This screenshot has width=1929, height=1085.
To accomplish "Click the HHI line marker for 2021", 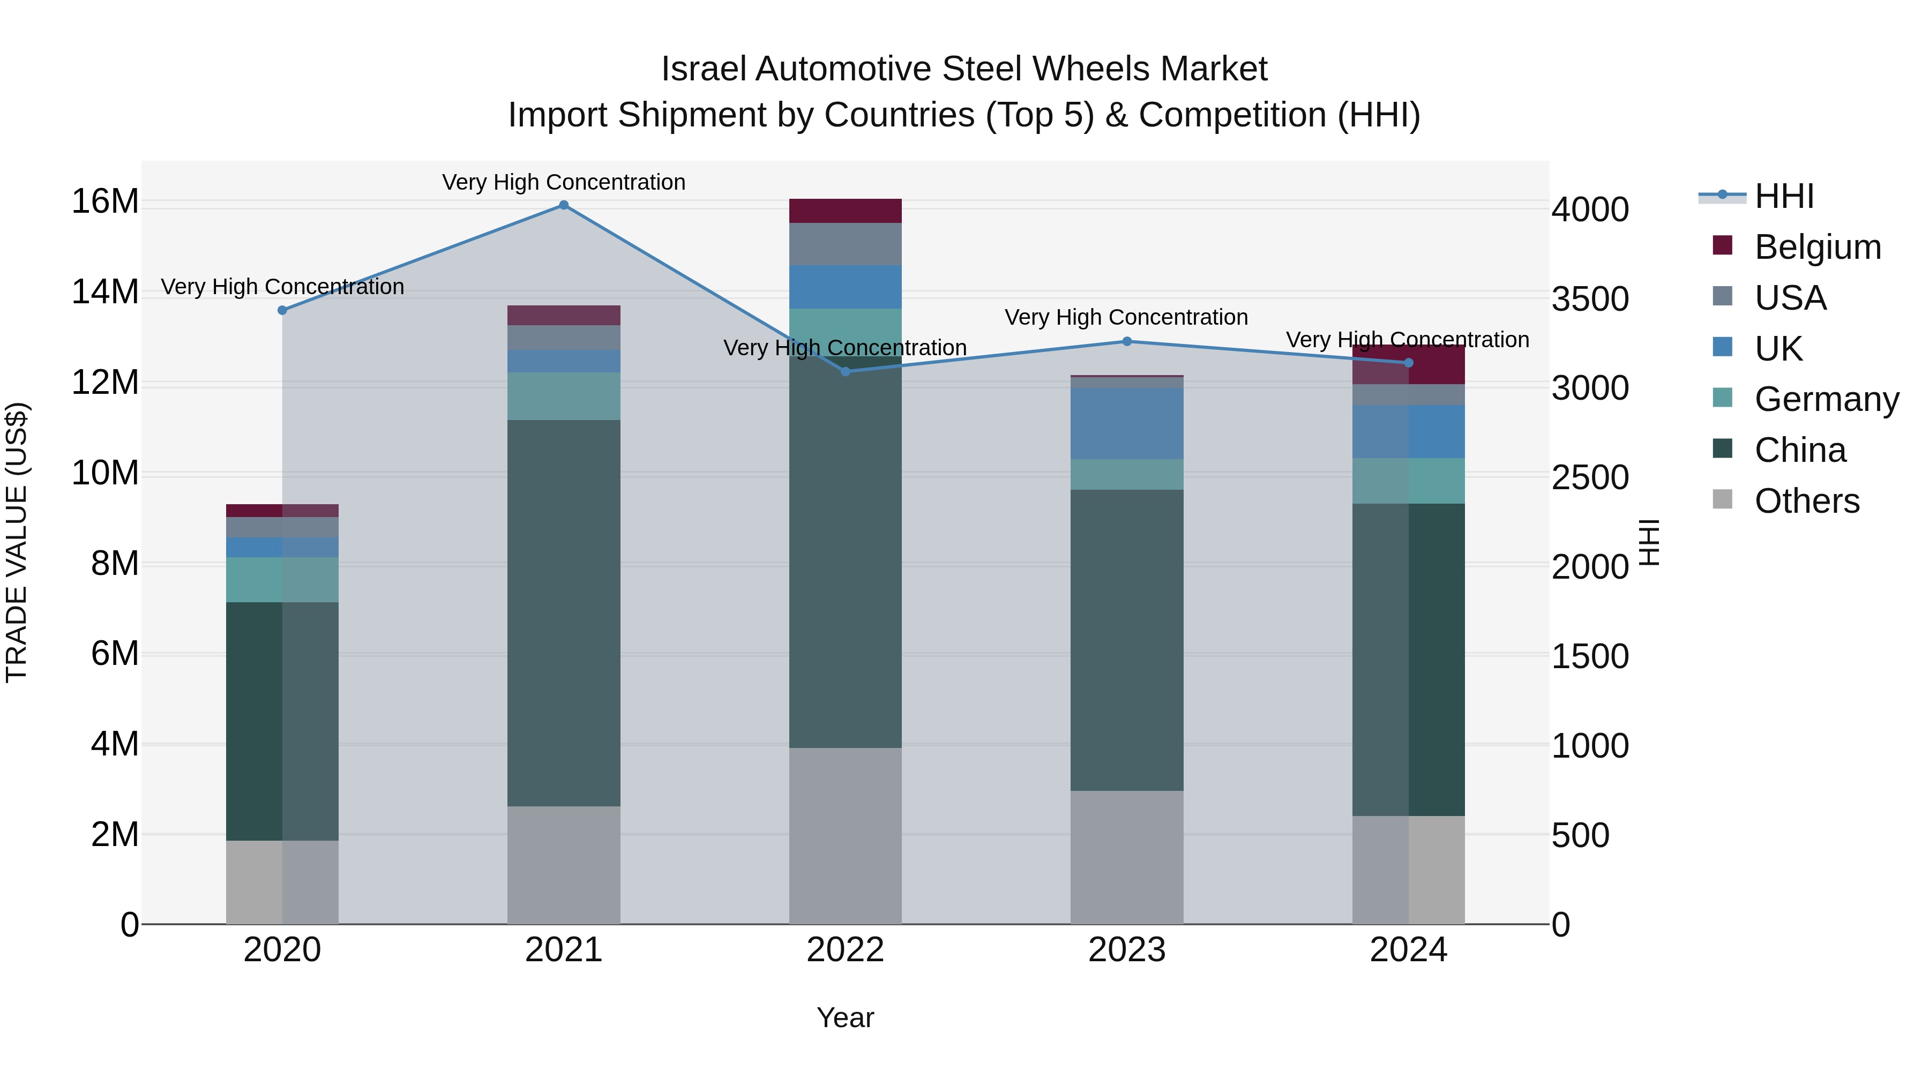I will [x=564, y=205].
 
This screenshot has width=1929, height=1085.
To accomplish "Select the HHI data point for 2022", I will [x=846, y=371].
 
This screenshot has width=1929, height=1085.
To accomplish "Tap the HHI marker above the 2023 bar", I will [x=1127, y=341].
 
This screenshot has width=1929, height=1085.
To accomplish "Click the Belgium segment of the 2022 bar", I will [x=846, y=211].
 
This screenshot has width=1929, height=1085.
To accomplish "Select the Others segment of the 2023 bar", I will [x=1127, y=857].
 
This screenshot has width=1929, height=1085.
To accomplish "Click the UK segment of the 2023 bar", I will [x=1127, y=423].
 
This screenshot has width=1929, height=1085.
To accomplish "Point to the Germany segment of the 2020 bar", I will [x=282, y=580].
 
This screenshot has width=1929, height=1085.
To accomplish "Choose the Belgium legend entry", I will [x=1818, y=247].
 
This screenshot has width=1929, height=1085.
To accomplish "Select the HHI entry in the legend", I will [x=1784, y=196].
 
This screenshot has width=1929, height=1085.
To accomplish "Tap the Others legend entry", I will [x=1806, y=501].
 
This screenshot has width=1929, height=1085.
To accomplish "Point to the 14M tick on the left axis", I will [x=105, y=292].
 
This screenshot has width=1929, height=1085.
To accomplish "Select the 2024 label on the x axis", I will [x=1408, y=950].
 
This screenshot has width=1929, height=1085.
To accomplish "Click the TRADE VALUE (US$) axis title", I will [x=17, y=542].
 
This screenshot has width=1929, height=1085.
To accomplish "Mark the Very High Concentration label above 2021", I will [x=564, y=182].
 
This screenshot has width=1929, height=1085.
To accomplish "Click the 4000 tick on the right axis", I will [x=1590, y=209].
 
